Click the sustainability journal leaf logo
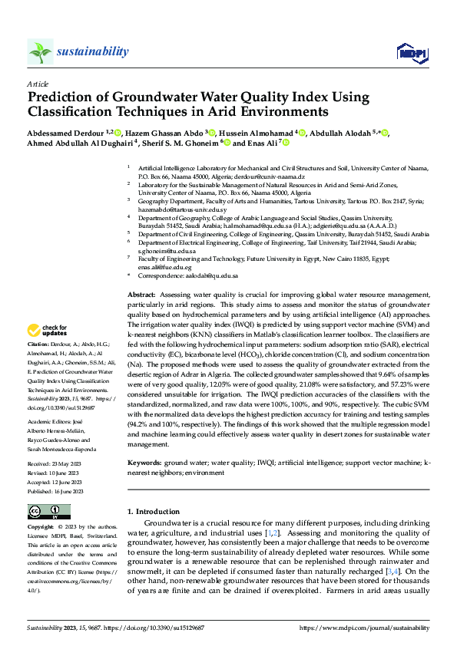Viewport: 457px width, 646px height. pos(40,51)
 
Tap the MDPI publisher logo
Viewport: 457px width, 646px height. pos(409,52)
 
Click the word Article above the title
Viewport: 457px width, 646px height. pos(38,83)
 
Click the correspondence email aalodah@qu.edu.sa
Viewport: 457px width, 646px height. pos(214,275)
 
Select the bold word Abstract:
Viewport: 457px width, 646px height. pos(141,295)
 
